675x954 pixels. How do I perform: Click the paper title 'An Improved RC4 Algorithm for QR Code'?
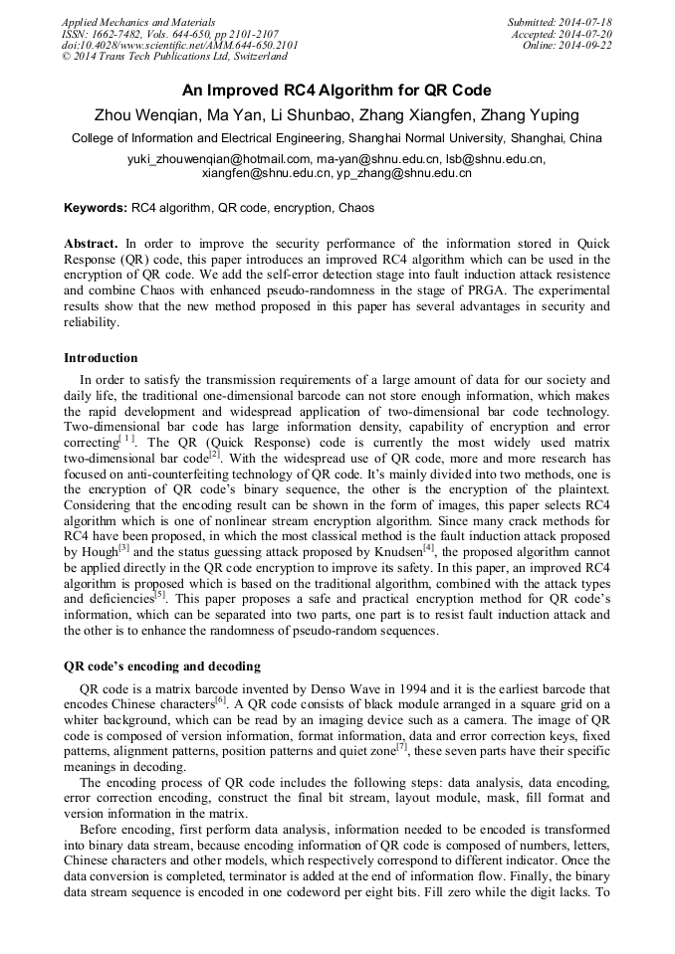point(337,89)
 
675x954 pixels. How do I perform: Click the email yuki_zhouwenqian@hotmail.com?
point(219,159)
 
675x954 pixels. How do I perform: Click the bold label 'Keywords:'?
point(96,209)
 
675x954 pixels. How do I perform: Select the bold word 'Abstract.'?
point(92,244)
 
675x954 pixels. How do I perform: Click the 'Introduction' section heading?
point(101,358)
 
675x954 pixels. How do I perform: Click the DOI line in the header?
point(179,46)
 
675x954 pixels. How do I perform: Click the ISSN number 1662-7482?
point(126,34)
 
